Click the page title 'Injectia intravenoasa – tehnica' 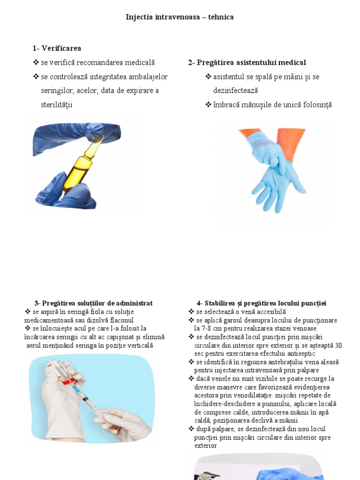coord(180,17)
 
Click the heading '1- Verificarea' coord(57,48)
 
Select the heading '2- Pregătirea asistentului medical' coord(247,62)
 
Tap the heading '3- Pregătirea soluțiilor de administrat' coord(93,303)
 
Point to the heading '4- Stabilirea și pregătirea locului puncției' coord(261,303)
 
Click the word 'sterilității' coord(57,105)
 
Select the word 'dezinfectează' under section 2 coord(235,90)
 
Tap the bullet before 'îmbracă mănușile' coord(208,105)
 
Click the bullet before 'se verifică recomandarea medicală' coord(36,62)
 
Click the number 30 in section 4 coord(338,345)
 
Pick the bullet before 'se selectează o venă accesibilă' coord(191,312)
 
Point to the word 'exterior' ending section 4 coord(206,446)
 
